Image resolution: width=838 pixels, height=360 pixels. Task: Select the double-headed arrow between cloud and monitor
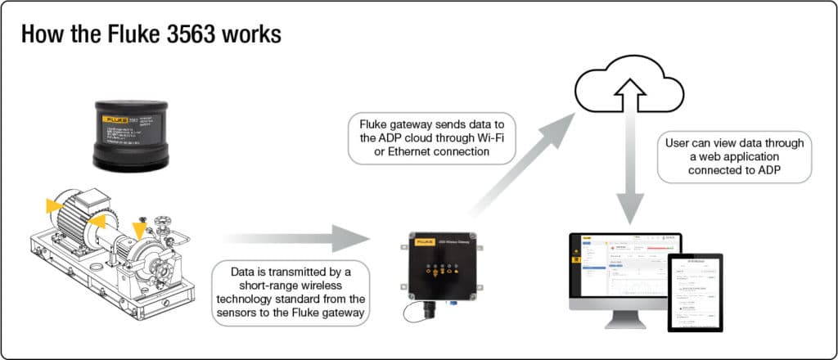pyautogui.click(x=630, y=172)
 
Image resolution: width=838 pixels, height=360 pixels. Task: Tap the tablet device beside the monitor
pyautogui.click(x=696, y=290)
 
